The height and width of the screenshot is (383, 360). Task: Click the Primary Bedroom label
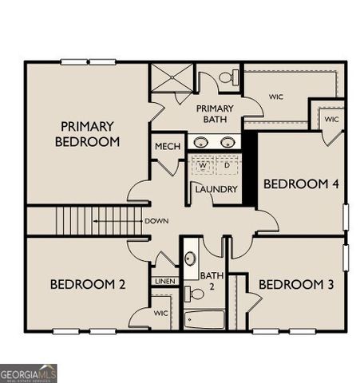click(x=88, y=134)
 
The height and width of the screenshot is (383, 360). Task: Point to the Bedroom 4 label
click(x=302, y=184)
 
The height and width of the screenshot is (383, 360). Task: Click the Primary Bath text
click(x=215, y=114)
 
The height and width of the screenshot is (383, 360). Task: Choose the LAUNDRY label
click(x=216, y=189)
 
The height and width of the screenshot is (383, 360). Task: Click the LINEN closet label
click(x=165, y=281)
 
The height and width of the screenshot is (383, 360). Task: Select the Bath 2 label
click(x=213, y=280)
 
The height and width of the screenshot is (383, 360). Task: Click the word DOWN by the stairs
click(x=156, y=221)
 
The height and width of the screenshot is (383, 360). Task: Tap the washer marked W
click(x=203, y=166)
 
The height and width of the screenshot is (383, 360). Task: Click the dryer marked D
click(x=227, y=166)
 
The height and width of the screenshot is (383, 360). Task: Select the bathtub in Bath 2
click(x=205, y=320)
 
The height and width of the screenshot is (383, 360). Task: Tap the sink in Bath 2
click(x=190, y=259)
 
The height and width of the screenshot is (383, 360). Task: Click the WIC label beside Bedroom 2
click(x=160, y=314)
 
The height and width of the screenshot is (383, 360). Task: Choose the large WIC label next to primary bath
click(x=276, y=97)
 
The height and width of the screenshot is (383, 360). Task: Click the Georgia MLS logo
click(x=29, y=373)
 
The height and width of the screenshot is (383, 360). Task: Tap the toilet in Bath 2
click(x=194, y=294)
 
